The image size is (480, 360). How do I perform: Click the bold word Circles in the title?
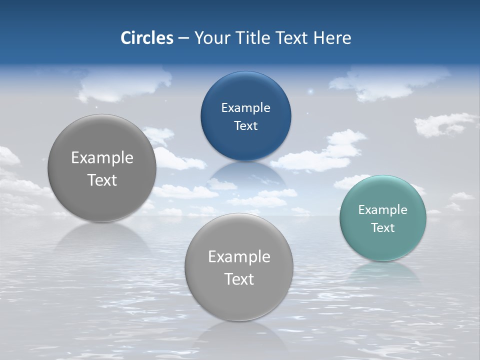[x=147, y=38]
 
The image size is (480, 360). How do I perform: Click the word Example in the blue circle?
[x=246, y=108]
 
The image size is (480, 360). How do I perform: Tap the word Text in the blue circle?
[x=246, y=126]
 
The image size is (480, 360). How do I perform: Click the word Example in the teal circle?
[x=383, y=210]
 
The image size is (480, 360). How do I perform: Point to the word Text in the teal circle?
[x=383, y=228]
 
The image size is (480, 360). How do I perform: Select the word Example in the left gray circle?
[x=102, y=158]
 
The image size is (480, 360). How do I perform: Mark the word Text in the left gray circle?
[x=102, y=180]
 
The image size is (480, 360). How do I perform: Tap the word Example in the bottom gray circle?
[x=239, y=257]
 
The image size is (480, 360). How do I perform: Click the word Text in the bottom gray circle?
[x=239, y=279]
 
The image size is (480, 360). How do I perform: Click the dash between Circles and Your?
[x=183, y=38]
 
